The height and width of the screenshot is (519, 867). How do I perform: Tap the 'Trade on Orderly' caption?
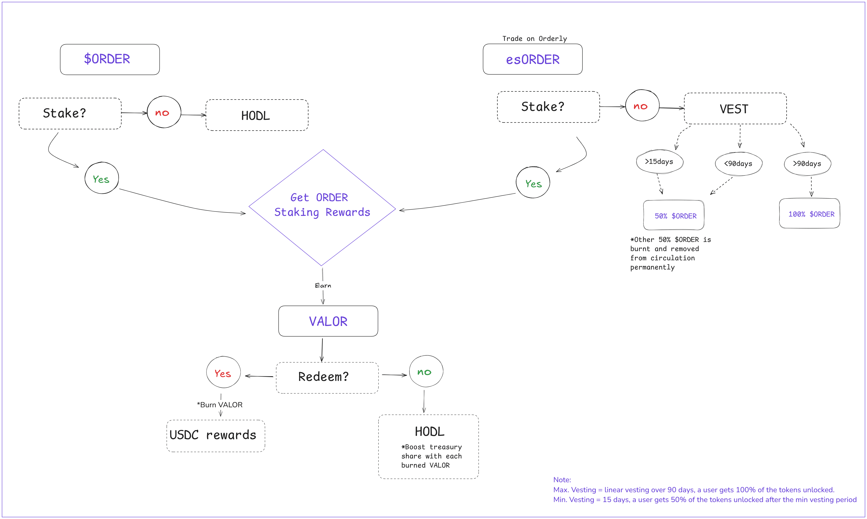[535, 38]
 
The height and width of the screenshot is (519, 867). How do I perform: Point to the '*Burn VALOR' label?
[220, 405]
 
